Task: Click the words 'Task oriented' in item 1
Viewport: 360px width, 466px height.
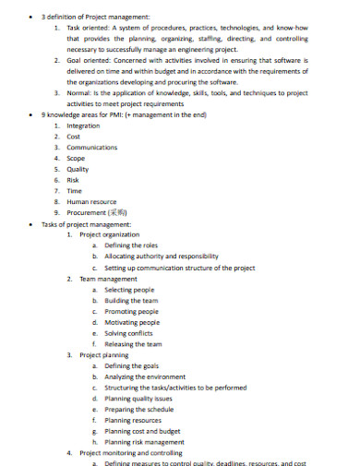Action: [87, 29]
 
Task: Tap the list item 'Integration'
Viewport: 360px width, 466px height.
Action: [84, 125]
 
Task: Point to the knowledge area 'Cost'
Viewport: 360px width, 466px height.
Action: [75, 136]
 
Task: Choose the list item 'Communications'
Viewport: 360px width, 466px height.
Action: [92, 147]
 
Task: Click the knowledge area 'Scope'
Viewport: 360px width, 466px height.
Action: [77, 158]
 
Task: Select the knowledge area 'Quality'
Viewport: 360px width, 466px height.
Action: [78, 169]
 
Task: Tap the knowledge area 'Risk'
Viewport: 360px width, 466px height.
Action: [74, 179]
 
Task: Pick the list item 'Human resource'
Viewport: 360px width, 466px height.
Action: [91, 201]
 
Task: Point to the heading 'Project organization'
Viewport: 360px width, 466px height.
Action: [110, 234]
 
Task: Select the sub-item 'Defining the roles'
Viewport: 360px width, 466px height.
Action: [131, 245]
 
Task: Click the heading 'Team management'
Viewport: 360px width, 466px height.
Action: [108, 278]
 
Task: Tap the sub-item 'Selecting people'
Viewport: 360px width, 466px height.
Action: [130, 289]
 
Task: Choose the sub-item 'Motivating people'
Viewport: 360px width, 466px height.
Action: [132, 322]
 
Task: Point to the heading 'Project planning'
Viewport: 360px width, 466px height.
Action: [103, 354]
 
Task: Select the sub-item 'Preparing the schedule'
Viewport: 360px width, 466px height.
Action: [139, 409]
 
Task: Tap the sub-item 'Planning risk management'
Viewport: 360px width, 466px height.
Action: [144, 442]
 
